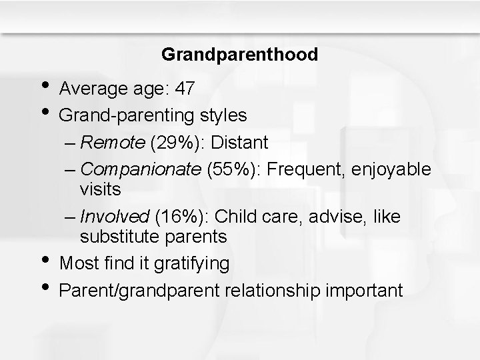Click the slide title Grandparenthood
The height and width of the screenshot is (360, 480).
[x=239, y=54]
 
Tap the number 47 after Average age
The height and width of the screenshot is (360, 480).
[x=184, y=89]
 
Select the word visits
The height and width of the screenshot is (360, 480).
[x=100, y=189]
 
